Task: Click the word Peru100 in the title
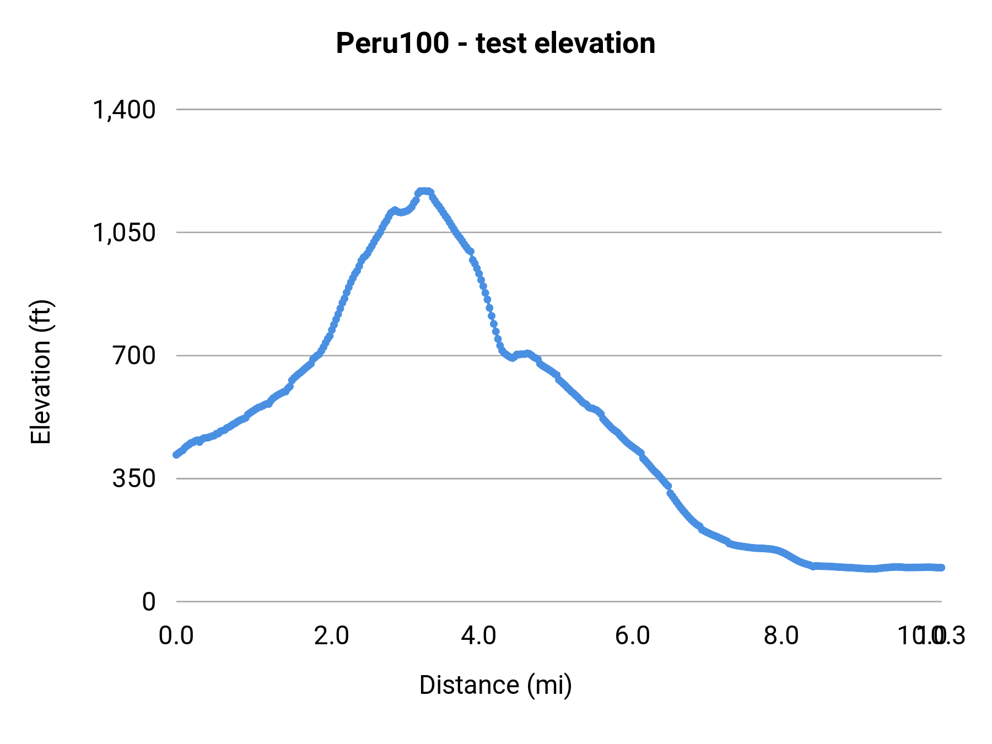392,44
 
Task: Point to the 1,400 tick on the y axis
125,110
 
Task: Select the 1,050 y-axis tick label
125,233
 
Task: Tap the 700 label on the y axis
134,355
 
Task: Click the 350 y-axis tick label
134,478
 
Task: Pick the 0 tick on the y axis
149,602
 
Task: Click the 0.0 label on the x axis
176,635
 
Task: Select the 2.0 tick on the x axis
332,635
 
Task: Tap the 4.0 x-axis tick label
478,635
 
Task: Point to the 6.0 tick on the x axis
633,635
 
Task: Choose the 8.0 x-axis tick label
781,635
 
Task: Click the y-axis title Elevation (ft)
41,372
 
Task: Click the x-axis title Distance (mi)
495,685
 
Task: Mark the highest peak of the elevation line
424,191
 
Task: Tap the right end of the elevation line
941,568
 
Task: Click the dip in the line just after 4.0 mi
513,358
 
